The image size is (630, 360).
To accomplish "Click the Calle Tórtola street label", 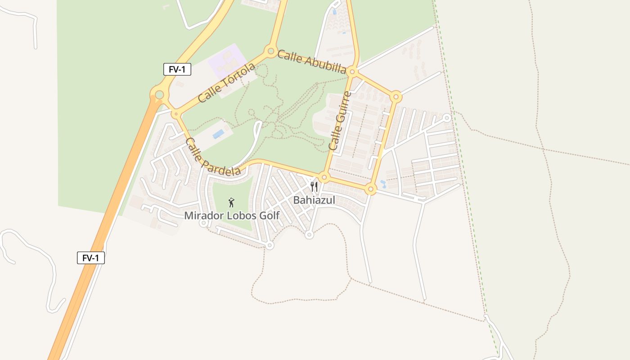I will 226,83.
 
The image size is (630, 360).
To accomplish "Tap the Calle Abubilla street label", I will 311,62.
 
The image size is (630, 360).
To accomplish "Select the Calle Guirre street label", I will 340,121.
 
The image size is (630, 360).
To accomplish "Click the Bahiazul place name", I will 314,200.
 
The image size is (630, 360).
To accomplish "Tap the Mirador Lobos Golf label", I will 232,216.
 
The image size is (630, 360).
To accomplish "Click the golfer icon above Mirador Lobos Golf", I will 232,202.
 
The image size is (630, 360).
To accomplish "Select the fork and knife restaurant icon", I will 314,187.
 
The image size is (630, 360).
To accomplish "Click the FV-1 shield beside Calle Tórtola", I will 177,69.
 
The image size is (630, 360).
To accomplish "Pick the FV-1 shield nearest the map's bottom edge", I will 91,258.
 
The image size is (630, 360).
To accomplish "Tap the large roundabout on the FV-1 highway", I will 159,94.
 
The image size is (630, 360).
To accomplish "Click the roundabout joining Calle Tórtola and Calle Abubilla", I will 271,51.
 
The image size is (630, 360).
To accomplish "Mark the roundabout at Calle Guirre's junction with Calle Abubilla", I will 353,72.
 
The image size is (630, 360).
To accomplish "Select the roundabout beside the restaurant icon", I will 324,177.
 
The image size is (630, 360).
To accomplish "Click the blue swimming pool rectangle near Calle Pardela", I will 218,134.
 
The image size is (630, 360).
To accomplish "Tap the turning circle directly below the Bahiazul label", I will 309,234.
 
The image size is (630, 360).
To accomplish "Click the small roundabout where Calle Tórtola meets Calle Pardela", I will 175,114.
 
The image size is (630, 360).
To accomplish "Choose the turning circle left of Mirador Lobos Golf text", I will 203,223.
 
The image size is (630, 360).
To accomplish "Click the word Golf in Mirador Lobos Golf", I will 267,216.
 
